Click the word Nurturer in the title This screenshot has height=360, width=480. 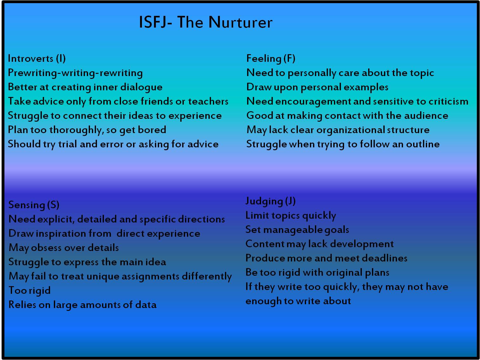coord(240,22)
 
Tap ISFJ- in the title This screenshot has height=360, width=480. coord(156,22)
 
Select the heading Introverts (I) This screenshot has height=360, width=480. coord(37,59)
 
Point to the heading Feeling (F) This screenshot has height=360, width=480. coord(271,59)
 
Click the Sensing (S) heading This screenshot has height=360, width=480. coord(34,205)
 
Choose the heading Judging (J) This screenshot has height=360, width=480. coord(270,201)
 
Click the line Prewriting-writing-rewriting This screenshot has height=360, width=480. coord(75,73)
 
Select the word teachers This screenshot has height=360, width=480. coord(208,101)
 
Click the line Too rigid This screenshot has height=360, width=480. coord(29,291)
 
